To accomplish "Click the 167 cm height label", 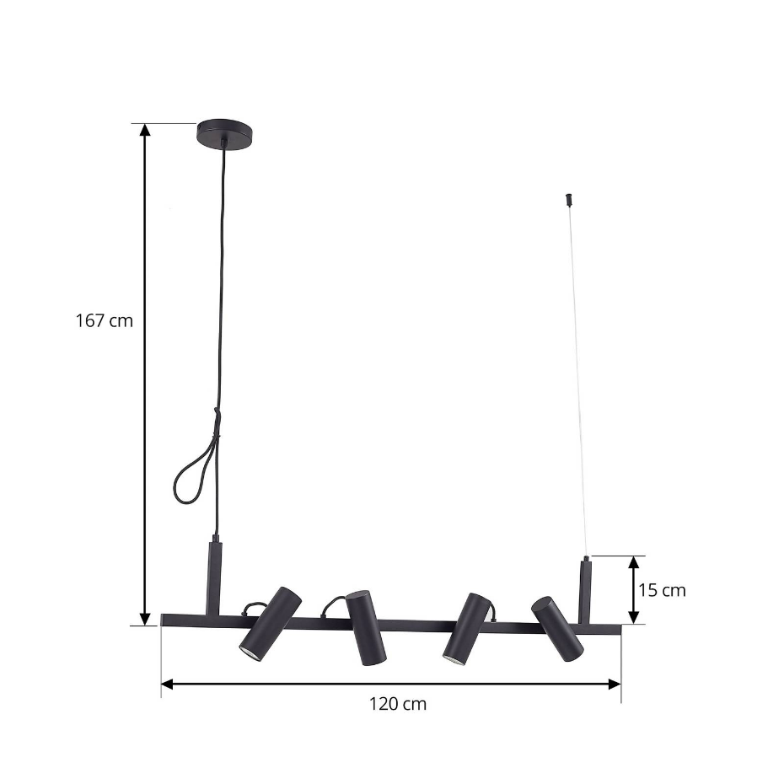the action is (105, 320).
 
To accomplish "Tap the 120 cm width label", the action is (398, 704).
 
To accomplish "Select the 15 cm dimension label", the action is (662, 590).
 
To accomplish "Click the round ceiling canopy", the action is (224, 133).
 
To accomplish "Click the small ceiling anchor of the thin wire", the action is (568, 198).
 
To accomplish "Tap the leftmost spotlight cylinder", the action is (270, 622).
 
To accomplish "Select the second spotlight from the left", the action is (366, 628).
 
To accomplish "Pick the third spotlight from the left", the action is (466, 629).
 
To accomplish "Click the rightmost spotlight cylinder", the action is (557, 629).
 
